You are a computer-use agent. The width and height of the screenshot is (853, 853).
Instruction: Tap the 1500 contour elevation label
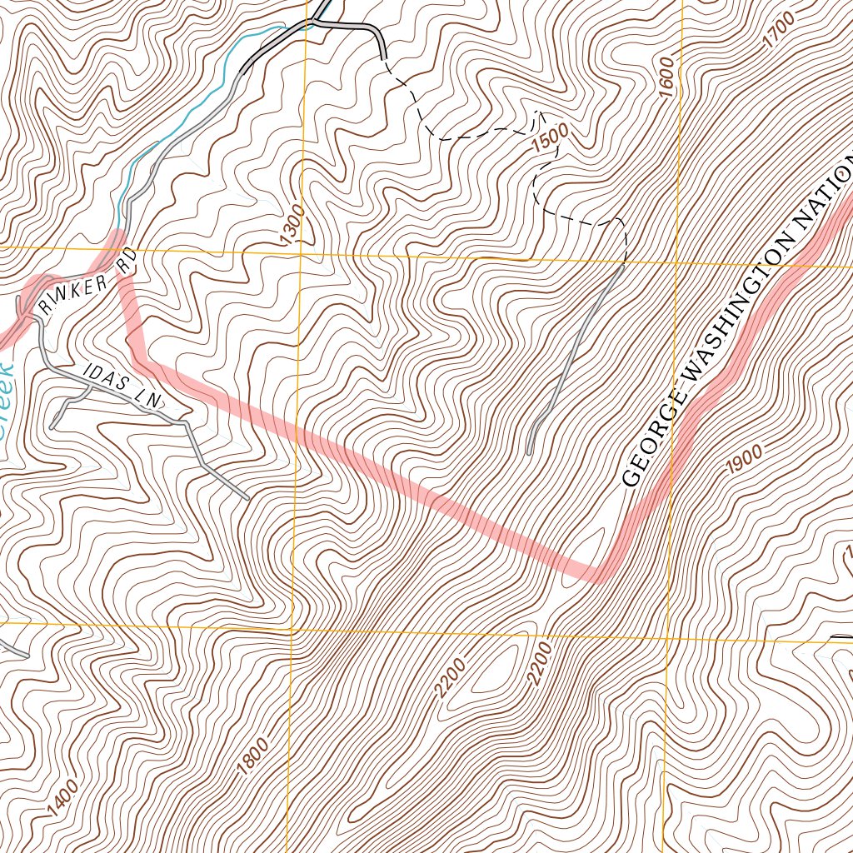pyautogui.click(x=547, y=137)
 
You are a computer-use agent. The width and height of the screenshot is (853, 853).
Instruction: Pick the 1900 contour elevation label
pyautogui.click(x=744, y=459)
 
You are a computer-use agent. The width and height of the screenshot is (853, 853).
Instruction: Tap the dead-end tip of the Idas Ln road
pyautogui.click(x=247, y=499)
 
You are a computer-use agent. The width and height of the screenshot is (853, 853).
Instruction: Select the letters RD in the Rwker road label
pyautogui.click(x=126, y=262)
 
